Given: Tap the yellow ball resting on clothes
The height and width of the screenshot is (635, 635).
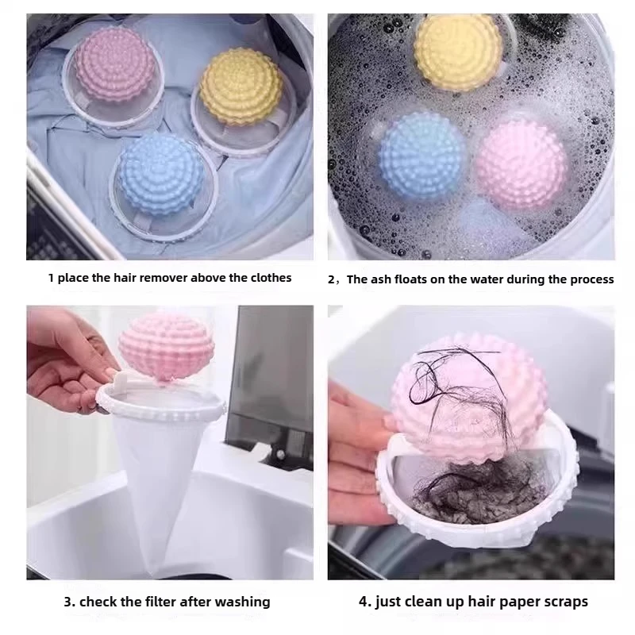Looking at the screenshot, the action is pyautogui.click(x=241, y=87).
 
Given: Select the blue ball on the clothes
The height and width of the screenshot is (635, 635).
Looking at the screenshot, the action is pyautogui.click(x=161, y=174).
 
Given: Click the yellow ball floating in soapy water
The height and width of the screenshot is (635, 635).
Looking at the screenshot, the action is pyautogui.click(x=458, y=52).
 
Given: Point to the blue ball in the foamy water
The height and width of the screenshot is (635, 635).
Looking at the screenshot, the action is pyautogui.click(x=422, y=156).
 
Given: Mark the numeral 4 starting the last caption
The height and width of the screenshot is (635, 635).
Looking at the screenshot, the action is pyautogui.click(x=364, y=602).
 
